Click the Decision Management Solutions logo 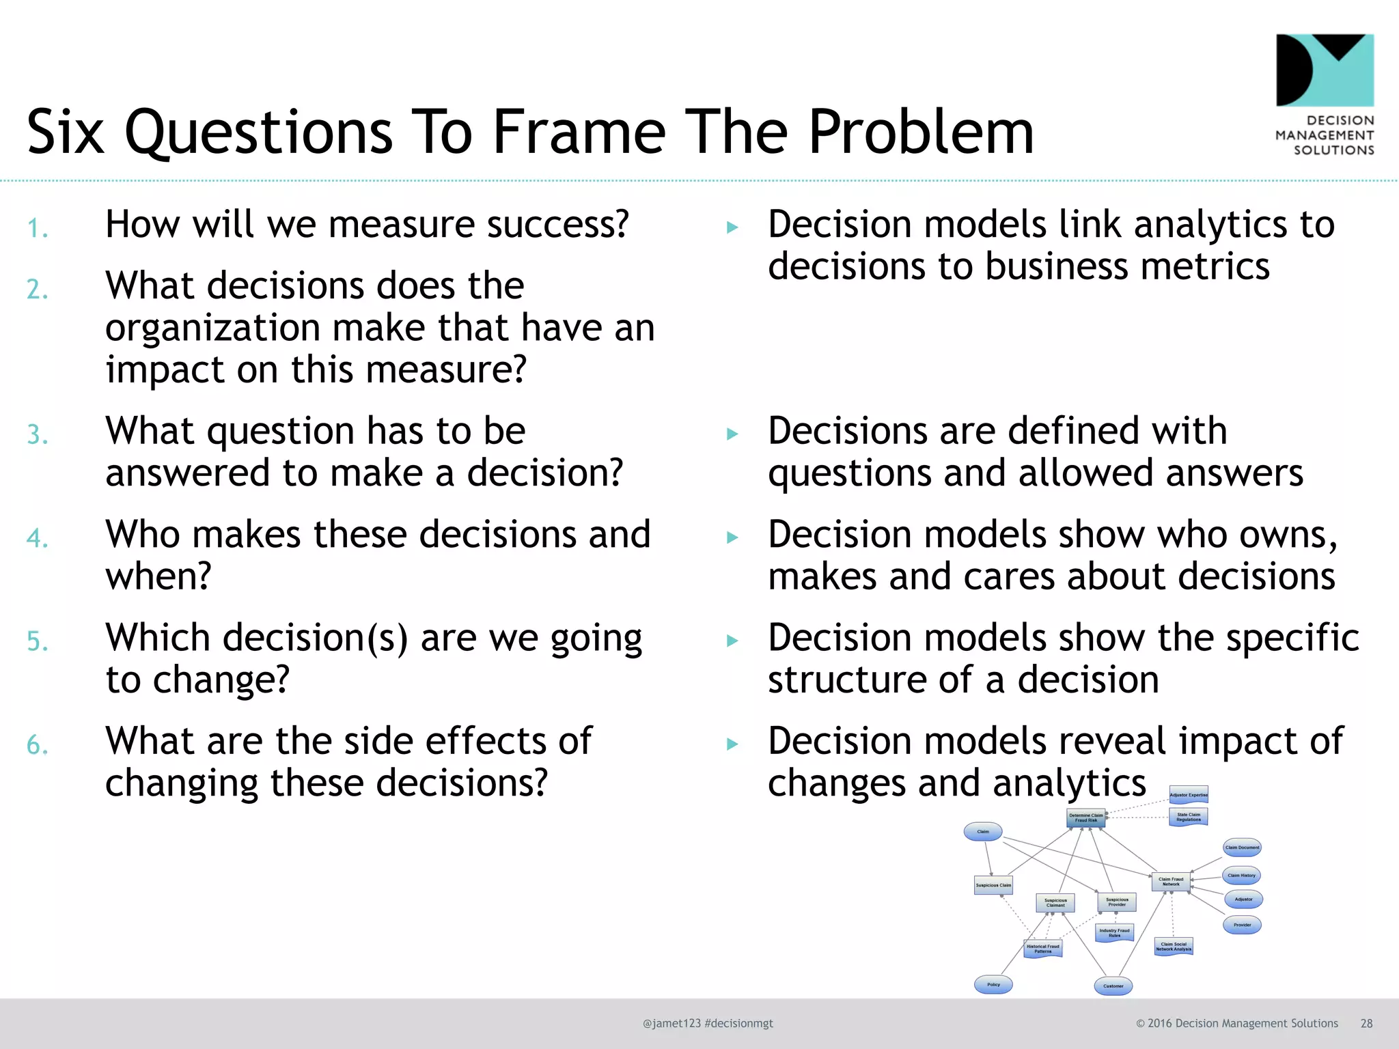coord(1325,94)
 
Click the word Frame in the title coord(579,132)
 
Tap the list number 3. coord(38,435)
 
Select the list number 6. coord(38,744)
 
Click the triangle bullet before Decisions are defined coord(732,434)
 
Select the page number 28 coord(1366,1023)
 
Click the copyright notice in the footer coord(1236,1023)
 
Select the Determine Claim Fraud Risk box coord(1085,817)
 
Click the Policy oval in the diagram coord(993,984)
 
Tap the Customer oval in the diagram coord(1113,985)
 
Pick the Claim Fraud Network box coord(1171,881)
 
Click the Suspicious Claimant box coord(1055,902)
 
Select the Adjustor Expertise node coord(1189,794)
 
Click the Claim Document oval coord(1242,847)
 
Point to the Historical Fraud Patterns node coord(1043,949)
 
